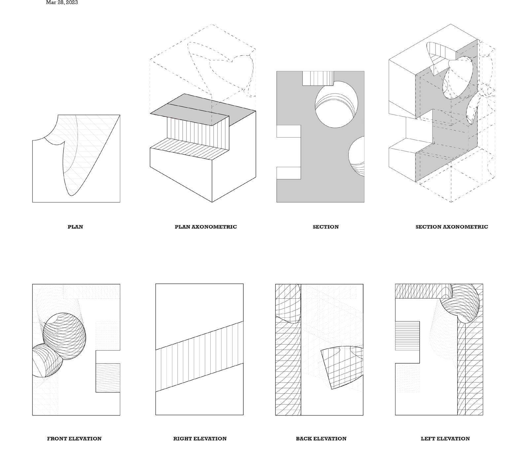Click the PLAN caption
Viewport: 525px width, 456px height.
75,227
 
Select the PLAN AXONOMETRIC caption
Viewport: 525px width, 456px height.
205,227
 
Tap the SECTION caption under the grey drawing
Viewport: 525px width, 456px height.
326,227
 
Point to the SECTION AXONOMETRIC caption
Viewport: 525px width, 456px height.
451,227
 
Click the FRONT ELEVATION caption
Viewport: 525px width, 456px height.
74,439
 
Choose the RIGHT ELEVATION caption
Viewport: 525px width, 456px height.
200,439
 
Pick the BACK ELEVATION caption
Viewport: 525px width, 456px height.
321,439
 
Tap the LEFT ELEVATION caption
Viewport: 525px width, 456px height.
445,439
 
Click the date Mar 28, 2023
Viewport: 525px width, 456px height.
62,2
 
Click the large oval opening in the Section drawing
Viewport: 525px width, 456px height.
336,105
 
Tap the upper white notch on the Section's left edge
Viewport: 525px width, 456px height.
288,131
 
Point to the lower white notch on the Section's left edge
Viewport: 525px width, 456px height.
288,173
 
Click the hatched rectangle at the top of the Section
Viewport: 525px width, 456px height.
318,78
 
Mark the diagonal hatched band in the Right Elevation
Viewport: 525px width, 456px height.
199,356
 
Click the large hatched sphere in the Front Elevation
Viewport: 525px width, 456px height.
64,336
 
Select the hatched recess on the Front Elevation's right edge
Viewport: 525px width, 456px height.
108,378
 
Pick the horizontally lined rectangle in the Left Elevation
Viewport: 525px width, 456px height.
407,335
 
